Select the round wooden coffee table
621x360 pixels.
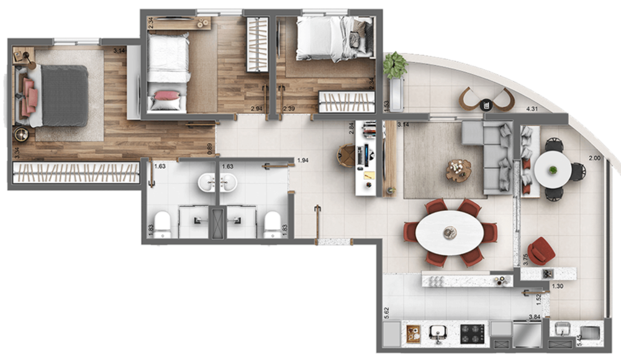coord(459,169)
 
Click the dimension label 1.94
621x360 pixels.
coord(303,161)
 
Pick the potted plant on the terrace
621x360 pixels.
coord(395,65)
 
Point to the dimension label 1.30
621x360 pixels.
coord(558,286)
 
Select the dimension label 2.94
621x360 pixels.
coord(256,109)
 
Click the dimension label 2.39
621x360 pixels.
coord(289,109)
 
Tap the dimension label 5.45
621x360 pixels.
coord(579,341)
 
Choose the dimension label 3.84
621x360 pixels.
coord(533,318)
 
